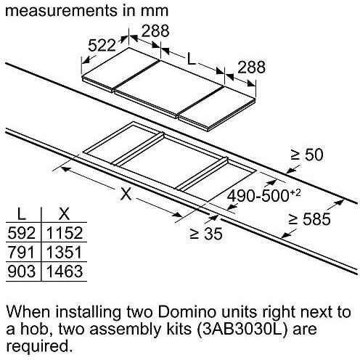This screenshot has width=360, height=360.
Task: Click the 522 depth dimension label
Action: [x=102, y=45]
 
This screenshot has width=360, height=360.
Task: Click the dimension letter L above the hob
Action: [x=191, y=59]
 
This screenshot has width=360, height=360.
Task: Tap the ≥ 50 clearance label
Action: [x=307, y=155]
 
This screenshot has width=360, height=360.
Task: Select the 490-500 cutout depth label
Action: [x=263, y=195]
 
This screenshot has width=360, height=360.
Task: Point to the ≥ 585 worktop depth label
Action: [x=309, y=219]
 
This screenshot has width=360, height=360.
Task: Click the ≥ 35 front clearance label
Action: [x=205, y=234]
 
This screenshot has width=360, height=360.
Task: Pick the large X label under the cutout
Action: [x=126, y=194]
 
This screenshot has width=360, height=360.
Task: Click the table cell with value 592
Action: [x=22, y=233]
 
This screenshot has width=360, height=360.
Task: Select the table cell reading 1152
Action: [x=65, y=233]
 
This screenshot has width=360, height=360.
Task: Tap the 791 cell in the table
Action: [x=22, y=252]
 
